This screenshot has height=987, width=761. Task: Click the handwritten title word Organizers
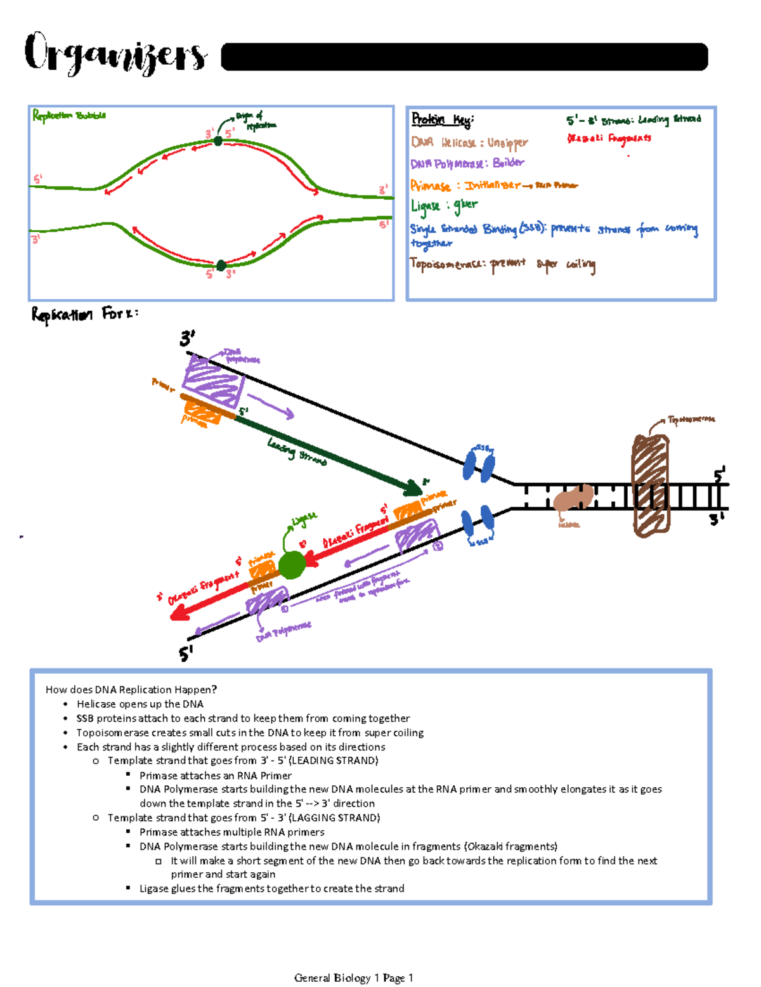(x=115, y=53)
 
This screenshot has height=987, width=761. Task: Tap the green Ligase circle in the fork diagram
(x=292, y=565)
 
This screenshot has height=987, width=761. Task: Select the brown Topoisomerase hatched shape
(x=651, y=485)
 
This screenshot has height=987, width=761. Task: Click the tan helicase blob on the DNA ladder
(x=573, y=499)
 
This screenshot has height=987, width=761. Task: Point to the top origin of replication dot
(x=218, y=141)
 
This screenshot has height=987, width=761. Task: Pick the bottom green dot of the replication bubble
(x=221, y=265)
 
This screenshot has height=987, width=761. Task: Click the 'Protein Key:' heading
(x=442, y=119)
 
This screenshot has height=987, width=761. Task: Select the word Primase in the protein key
(x=430, y=186)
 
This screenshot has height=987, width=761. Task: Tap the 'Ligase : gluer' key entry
(x=444, y=206)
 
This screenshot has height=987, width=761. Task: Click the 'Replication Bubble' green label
(x=69, y=115)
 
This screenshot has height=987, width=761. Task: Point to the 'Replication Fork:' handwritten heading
(x=84, y=314)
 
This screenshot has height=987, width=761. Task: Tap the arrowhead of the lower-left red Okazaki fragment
(x=180, y=612)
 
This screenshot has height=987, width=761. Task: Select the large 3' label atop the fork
(x=187, y=339)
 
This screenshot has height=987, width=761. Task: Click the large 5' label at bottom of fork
(x=186, y=653)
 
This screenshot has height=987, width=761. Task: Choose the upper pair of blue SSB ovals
(x=479, y=464)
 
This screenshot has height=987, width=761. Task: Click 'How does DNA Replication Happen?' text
(x=131, y=690)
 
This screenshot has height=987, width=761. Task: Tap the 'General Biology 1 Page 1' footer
(x=353, y=977)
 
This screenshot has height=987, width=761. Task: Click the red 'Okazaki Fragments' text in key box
(x=609, y=138)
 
